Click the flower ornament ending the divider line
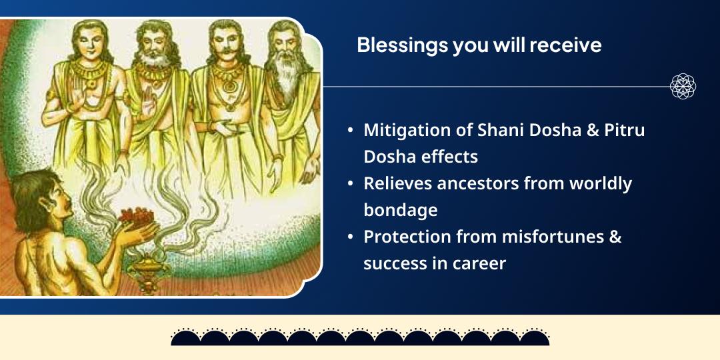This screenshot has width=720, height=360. [x=683, y=87]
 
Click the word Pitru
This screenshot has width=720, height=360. [x=623, y=130]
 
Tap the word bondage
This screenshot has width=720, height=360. [x=401, y=210]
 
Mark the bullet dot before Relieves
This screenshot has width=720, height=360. [x=351, y=184]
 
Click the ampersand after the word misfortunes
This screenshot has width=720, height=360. [x=615, y=237]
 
